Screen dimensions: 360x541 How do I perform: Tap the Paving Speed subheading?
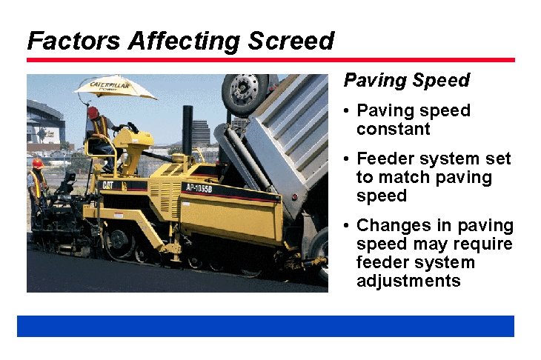[407, 80]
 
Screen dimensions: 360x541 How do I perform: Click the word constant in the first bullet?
[393, 129]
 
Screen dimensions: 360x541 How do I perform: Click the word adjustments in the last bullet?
[408, 281]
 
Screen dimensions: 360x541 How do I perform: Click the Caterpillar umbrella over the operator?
[114, 87]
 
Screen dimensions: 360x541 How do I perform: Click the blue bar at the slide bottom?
[265, 326]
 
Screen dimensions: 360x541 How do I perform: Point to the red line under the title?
[270, 60]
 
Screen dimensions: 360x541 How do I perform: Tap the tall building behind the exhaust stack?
[201, 133]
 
